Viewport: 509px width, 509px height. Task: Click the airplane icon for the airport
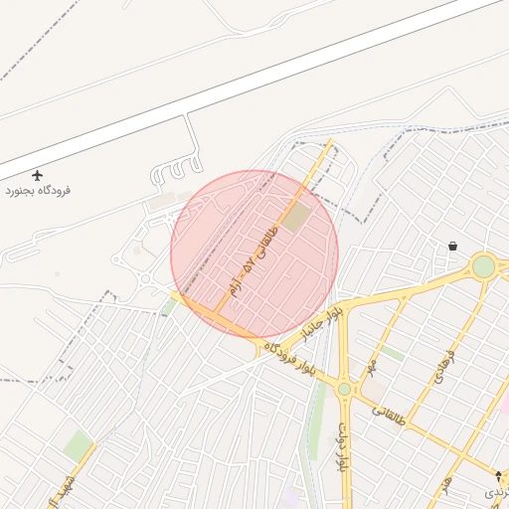[39, 175]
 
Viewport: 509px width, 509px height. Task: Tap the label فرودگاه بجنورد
[39, 190]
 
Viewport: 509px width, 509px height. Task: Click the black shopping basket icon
[453, 246]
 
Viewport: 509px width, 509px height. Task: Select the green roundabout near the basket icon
[483, 266]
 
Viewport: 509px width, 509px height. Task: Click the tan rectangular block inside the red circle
[295, 219]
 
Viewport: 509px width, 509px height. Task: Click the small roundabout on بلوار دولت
[344, 389]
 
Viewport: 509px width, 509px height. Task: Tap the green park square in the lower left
[78, 444]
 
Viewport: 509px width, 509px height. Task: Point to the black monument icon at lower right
[498, 476]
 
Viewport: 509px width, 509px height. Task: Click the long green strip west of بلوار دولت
[317, 418]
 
